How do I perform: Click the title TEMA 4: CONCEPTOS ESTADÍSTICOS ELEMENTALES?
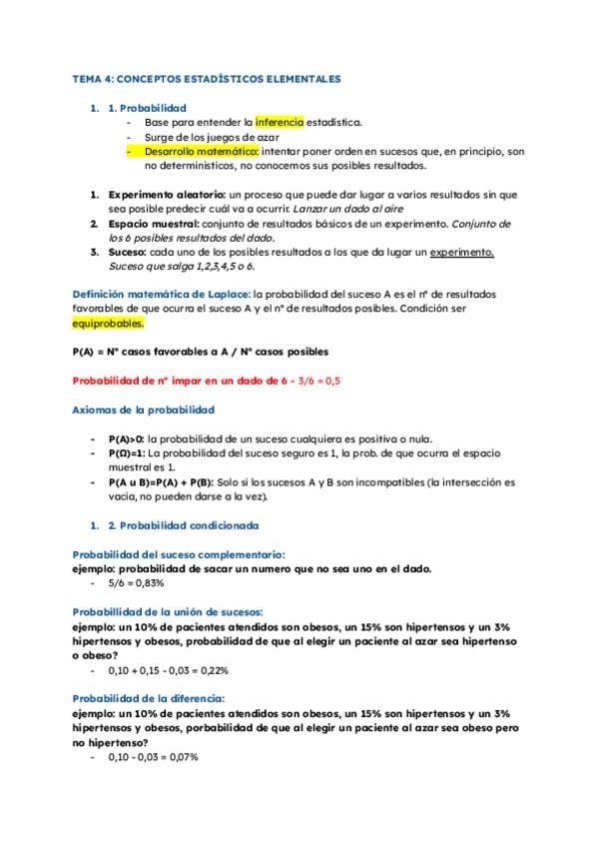208,78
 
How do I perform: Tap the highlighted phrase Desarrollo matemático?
201,151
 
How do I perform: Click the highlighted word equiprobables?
109,324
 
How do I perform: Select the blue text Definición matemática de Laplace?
161,295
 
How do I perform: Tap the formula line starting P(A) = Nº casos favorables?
201,353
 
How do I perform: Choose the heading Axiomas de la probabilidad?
144,410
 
